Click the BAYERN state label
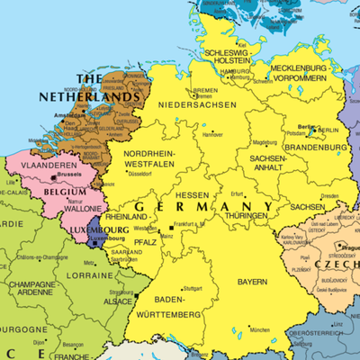(252, 282)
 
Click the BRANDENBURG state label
(316, 147)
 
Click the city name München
(259, 330)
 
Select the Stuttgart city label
(193, 288)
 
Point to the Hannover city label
(212, 135)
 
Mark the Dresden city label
(328, 195)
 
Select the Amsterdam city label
(69, 117)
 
